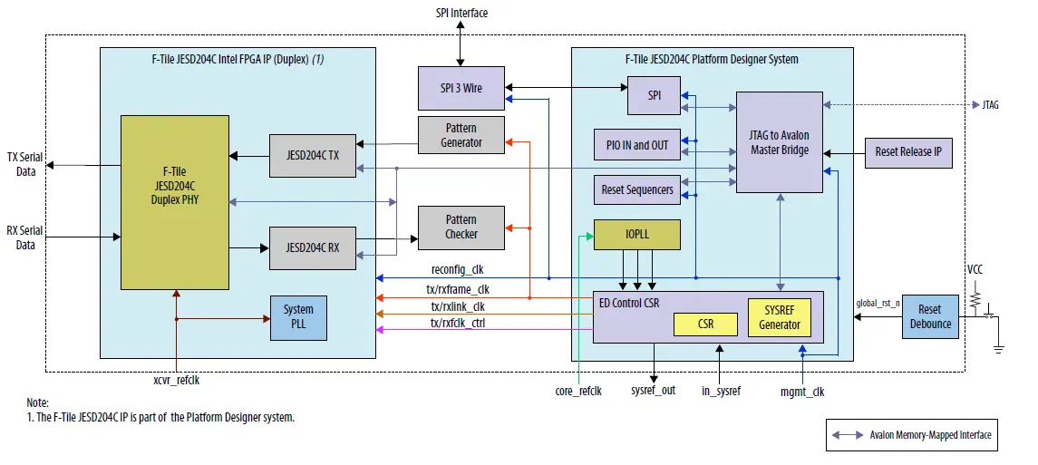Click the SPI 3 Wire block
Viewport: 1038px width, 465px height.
pyautogui.click(x=461, y=88)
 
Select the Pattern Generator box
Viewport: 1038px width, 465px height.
pyautogui.click(x=461, y=135)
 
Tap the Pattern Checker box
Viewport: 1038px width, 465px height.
pyautogui.click(x=461, y=228)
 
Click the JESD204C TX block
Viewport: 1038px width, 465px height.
pyautogui.click(x=313, y=156)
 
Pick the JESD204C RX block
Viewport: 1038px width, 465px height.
pyautogui.click(x=313, y=248)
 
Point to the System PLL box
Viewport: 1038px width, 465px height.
pyautogui.click(x=298, y=317)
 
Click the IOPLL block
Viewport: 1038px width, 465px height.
pyautogui.click(x=636, y=235)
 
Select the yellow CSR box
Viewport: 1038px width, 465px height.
pyautogui.click(x=705, y=324)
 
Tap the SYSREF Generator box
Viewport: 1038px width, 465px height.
pyautogui.click(x=779, y=317)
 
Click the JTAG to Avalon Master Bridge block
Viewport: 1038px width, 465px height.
pyautogui.click(x=779, y=142)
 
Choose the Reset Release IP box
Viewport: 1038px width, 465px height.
pyautogui.click(x=908, y=151)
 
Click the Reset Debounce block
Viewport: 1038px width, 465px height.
pyautogui.click(x=930, y=316)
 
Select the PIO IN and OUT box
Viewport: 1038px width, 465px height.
pyautogui.click(x=636, y=144)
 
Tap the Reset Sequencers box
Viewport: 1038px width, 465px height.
pyautogui.click(x=636, y=189)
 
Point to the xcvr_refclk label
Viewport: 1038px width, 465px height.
pyautogui.click(x=176, y=381)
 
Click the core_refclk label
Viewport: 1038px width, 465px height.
pyautogui.click(x=578, y=392)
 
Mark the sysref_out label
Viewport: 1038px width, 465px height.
pyautogui.click(x=653, y=392)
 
